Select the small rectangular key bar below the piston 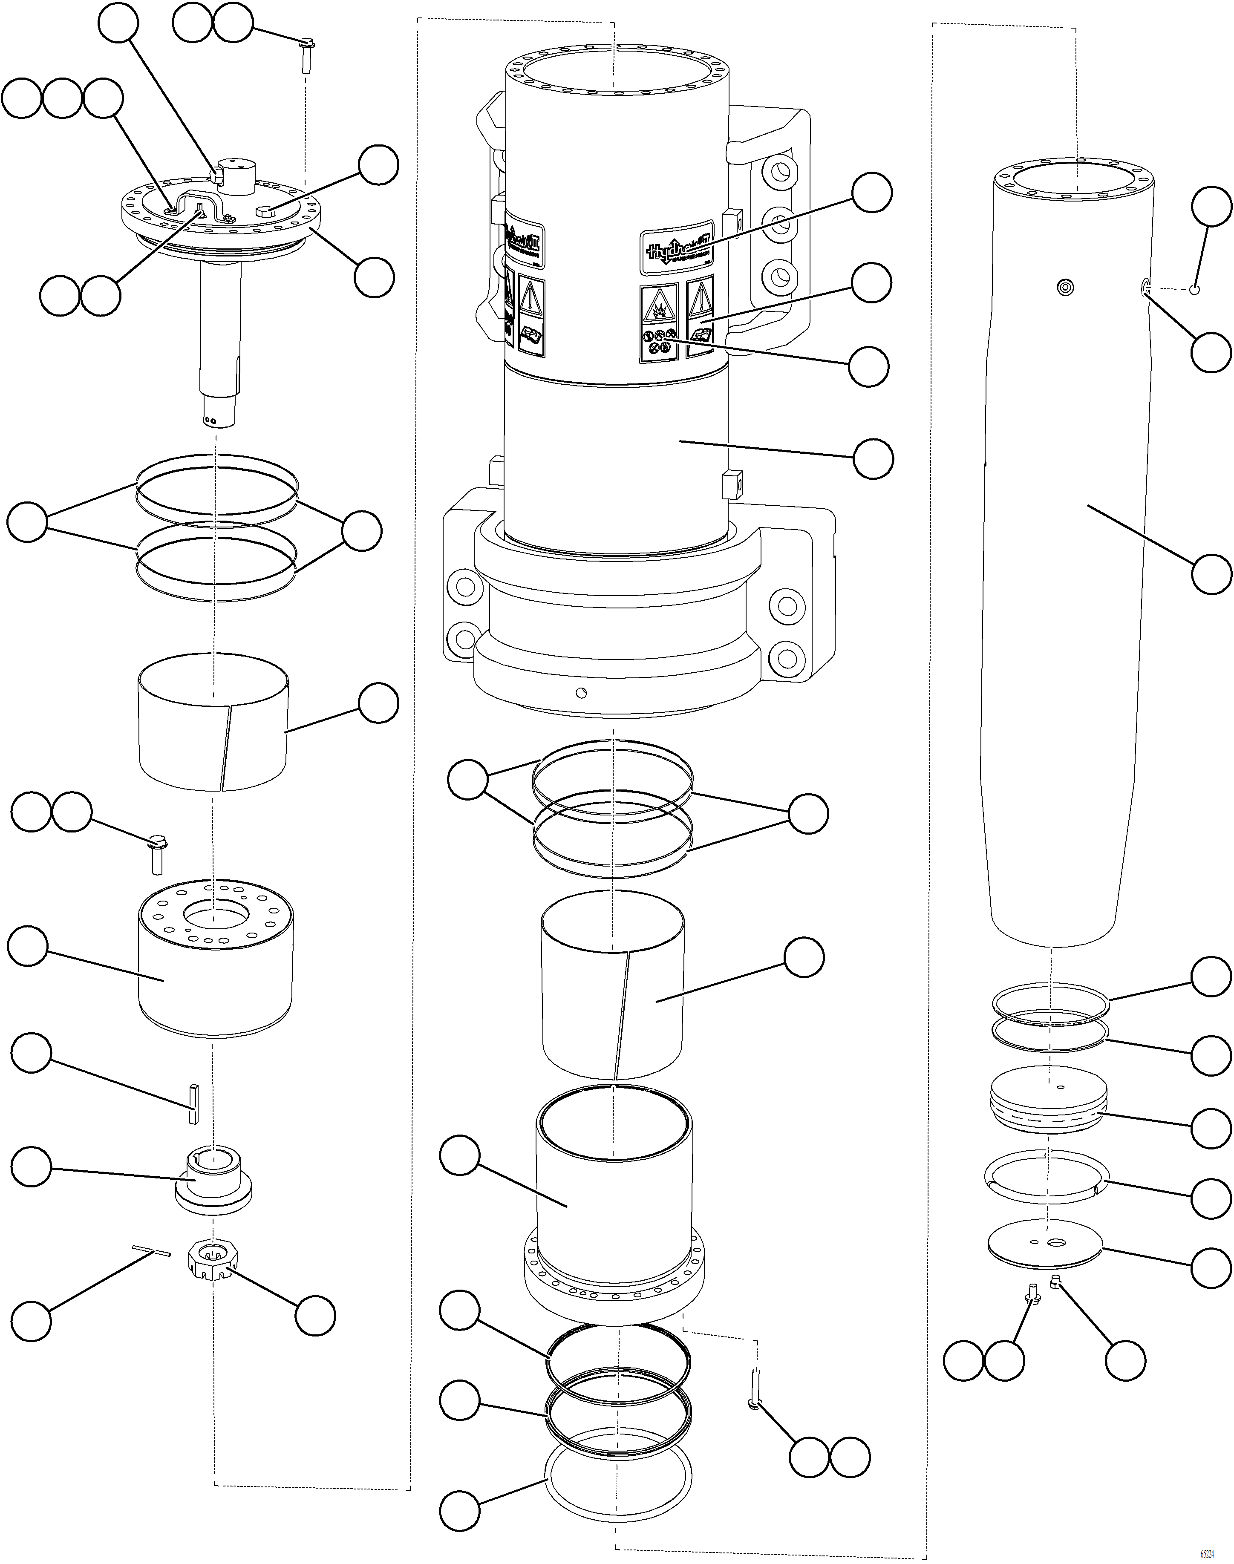193,1103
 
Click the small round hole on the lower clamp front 582,694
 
